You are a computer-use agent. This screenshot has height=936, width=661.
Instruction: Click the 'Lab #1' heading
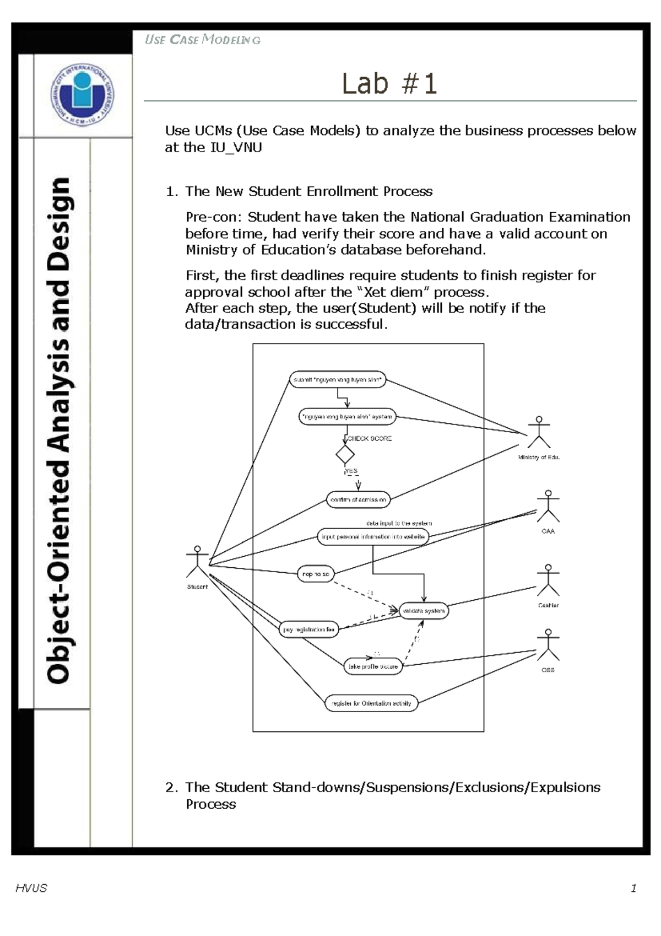click(x=389, y=84)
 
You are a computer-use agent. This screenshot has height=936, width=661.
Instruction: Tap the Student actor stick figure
click(x=197, y=562)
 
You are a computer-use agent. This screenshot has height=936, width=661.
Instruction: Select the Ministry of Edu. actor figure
click(x=539, y=433)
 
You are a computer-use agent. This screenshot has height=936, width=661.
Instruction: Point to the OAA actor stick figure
click(x=548, y=507)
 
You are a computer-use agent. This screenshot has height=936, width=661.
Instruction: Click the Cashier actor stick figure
click(x=548, y=580)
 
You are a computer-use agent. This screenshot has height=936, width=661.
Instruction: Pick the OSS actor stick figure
click(x=548, y=645)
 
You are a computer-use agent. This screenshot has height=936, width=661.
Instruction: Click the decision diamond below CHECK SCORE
click(x=345, y=455)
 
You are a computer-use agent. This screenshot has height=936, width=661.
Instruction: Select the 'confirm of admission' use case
click(x=359, y=500)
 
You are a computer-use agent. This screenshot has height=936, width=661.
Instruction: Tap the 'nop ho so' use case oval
click(x=316, y=574)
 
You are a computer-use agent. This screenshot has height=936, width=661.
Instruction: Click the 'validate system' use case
click(x=424, y=611)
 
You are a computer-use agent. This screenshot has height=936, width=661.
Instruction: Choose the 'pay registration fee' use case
click(x=308, y=630)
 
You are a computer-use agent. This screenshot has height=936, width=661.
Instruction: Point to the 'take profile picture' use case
click(x=373, y=666)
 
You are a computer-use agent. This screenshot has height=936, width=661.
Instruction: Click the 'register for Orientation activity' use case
click(x=371, y=703)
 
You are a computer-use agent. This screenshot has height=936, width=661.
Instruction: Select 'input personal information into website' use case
click(x=373, y=537)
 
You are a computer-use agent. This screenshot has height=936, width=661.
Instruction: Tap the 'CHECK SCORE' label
click(x=370, y=439)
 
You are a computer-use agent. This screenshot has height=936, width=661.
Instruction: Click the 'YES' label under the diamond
click(x=351, y=471)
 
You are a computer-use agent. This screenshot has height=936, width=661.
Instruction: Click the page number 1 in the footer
click(x=633, y=888)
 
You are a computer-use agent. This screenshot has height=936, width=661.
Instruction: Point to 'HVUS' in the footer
click(x=31, y=888)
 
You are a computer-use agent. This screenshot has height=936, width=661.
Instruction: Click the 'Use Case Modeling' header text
click(x=202, y=40)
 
